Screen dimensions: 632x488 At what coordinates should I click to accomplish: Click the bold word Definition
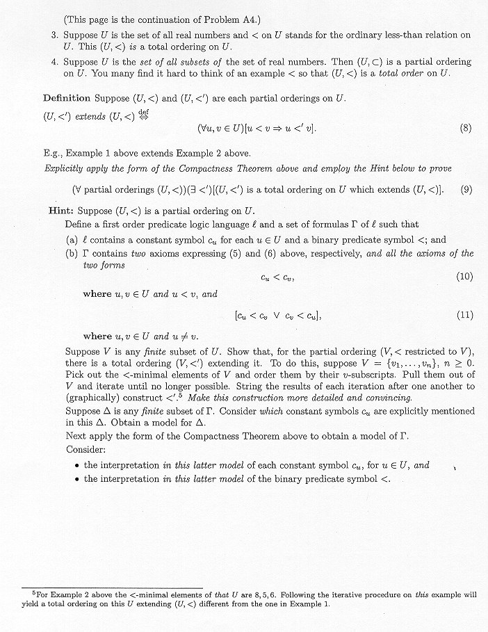coord(67,98)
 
